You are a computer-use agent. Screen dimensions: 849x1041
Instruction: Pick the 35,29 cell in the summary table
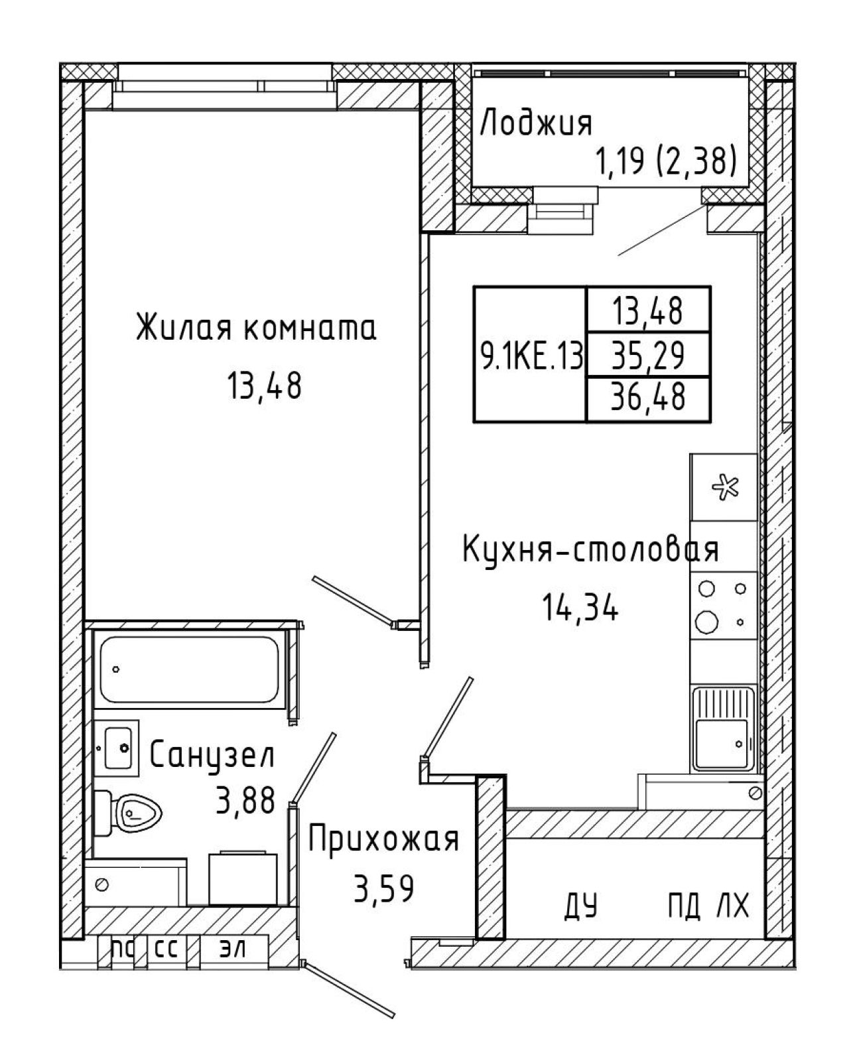click(x=648, y=356)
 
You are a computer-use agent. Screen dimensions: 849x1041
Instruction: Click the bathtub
click(x=190, y=670)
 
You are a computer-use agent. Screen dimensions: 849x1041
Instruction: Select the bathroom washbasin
click(x=116, y=748)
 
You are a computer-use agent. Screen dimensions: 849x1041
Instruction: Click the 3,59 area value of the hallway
click(x=383, y=888)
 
